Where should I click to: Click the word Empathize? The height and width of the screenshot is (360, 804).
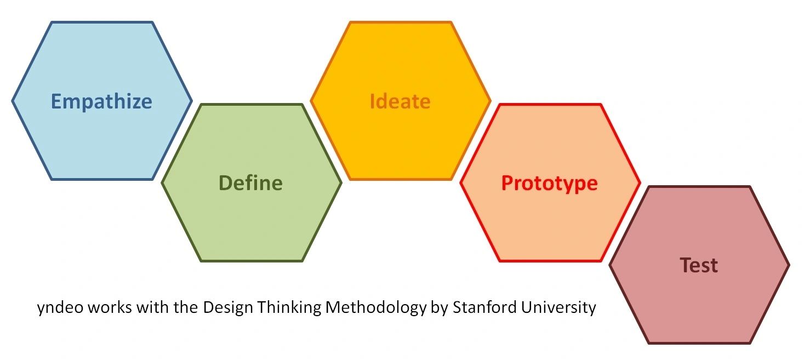click(x=101, y=101)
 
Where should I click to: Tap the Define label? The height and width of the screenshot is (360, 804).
click(x=250, y=183)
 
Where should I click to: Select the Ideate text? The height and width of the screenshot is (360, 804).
click(x=400, y=101)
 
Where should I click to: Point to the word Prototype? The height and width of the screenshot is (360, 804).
click(x=550, y=184)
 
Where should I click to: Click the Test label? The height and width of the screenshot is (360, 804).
click(x=699, y=266)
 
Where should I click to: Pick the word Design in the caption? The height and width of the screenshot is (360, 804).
click(x=228, y=308)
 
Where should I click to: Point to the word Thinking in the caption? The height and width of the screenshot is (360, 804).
click(x=289, y=308)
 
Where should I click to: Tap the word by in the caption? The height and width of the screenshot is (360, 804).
click(x=440, y=308)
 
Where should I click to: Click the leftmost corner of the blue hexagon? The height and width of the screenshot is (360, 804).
click(x=13, y=101)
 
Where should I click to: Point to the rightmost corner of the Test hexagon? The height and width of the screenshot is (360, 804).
click(x=789, y=265)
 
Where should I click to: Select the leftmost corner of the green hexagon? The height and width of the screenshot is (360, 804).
click(x=162, y=182)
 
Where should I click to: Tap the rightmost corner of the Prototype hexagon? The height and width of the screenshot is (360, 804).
click(x=640, y=182)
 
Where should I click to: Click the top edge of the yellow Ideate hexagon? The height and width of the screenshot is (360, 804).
click(x=400, y=22)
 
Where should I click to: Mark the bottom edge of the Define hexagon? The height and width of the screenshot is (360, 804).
click(x=251, y=261)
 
